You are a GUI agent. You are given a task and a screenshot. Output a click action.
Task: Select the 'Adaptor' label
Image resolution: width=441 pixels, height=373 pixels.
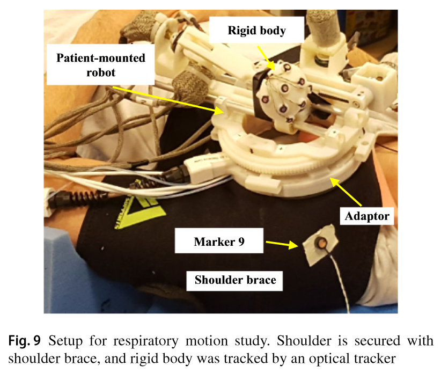367,217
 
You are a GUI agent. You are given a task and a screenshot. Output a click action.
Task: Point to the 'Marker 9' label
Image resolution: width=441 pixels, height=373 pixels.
218,242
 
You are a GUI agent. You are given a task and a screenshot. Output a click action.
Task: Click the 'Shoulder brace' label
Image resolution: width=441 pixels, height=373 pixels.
236,280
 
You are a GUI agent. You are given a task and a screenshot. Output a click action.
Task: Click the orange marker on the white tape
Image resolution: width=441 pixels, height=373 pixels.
321,244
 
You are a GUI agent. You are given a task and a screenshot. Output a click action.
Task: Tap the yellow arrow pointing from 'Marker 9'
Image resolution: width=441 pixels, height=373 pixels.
282,244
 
